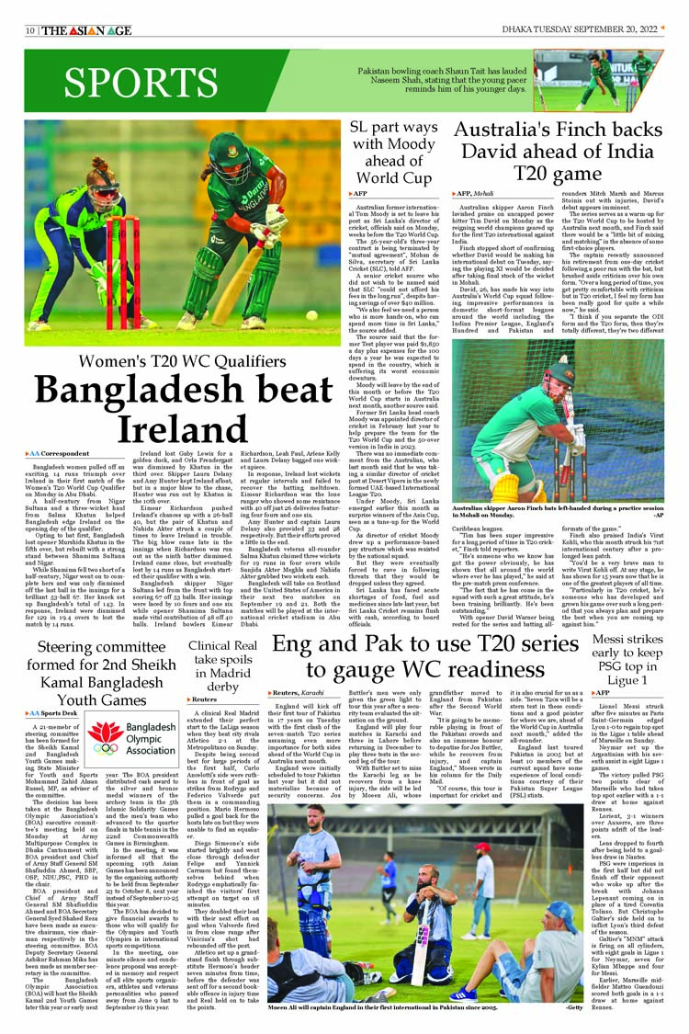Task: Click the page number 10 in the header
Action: click(x=30, y=30)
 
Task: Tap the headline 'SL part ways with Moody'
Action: click(x=393, y=152)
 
